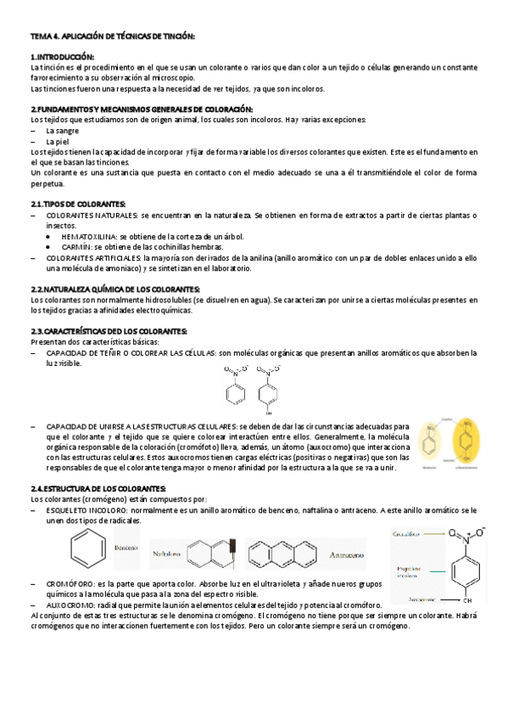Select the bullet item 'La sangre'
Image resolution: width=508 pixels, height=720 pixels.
pos(62,131)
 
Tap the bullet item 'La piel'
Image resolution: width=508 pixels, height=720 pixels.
pos(58,141)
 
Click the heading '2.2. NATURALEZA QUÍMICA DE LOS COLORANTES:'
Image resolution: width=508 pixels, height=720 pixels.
pos(114,289)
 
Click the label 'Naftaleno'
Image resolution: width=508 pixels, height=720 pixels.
pos(167,554)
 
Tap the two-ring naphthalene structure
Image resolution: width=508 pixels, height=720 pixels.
pos(212,554)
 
